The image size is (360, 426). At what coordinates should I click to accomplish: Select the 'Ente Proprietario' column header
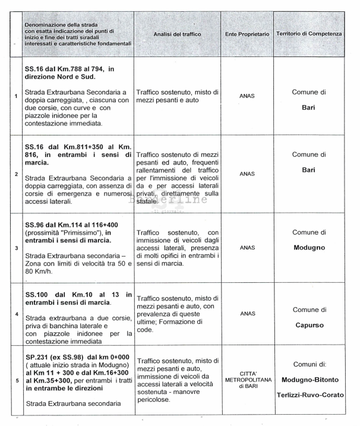pos(248,34)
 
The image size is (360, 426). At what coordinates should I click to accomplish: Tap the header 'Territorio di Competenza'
pos(309,34)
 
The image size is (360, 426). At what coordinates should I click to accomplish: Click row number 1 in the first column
pos(15,96)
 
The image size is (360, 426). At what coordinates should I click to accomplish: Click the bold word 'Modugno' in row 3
pos(309,247)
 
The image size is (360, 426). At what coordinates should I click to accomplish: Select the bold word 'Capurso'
pos(309,326)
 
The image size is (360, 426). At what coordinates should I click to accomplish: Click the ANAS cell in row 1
pos(248,95)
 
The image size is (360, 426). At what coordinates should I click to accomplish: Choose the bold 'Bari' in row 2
pos(309,170)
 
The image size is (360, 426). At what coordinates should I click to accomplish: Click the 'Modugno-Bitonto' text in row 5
pos(309,378)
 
